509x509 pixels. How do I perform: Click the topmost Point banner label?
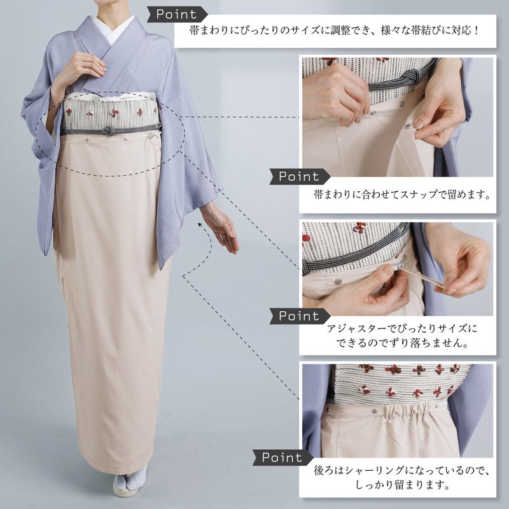pos(177,14)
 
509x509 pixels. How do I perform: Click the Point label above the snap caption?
pos(299,177)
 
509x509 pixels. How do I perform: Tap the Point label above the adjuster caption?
pos(299,316)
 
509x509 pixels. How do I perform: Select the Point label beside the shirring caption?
pos(282,457)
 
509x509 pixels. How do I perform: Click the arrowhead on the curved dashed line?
pos(200,225)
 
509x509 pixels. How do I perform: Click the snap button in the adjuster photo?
pos(338,281)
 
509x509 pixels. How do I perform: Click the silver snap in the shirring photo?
pos(374,411)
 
